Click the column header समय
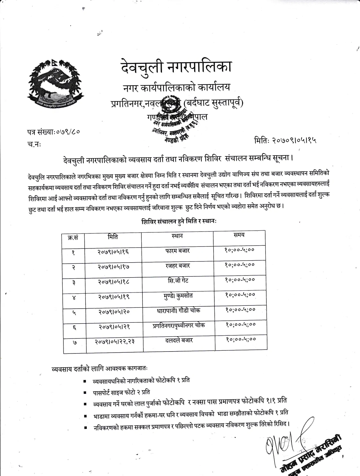click(x=239, y=235)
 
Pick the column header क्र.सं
click(x=73, y=238)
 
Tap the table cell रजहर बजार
click(x=178, y=266)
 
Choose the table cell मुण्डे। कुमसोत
click(x=178, y=296)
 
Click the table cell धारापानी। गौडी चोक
click(x=178, y=311)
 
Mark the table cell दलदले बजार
click(x=179, y=340)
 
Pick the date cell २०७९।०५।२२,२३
click(x=115, y=341)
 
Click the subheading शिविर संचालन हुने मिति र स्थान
click(x=179, y=222)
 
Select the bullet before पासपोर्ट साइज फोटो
click(x=85, y=393)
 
